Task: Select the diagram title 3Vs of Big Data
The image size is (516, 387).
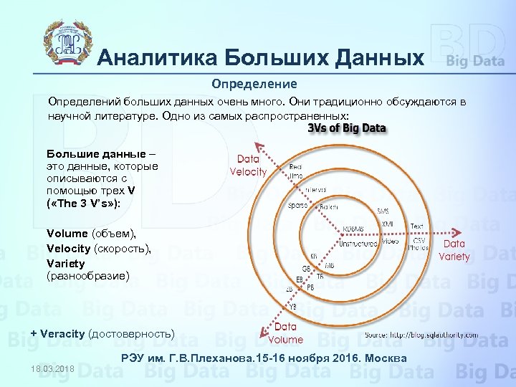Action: (x=346, y=128)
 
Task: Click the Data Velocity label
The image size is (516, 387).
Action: (x=248, y=166)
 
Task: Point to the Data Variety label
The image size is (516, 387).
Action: (x=454, y=250)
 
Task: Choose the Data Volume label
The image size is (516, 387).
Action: (x=287, y=333)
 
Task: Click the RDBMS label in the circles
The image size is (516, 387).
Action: (x=353, y=229)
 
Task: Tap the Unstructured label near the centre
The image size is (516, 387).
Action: (x=358, y=243)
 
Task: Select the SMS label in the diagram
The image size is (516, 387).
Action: (x=383, y=211)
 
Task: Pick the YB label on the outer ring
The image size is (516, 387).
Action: (x=293, y=306)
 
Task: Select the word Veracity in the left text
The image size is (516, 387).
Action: (x=63, y=333)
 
